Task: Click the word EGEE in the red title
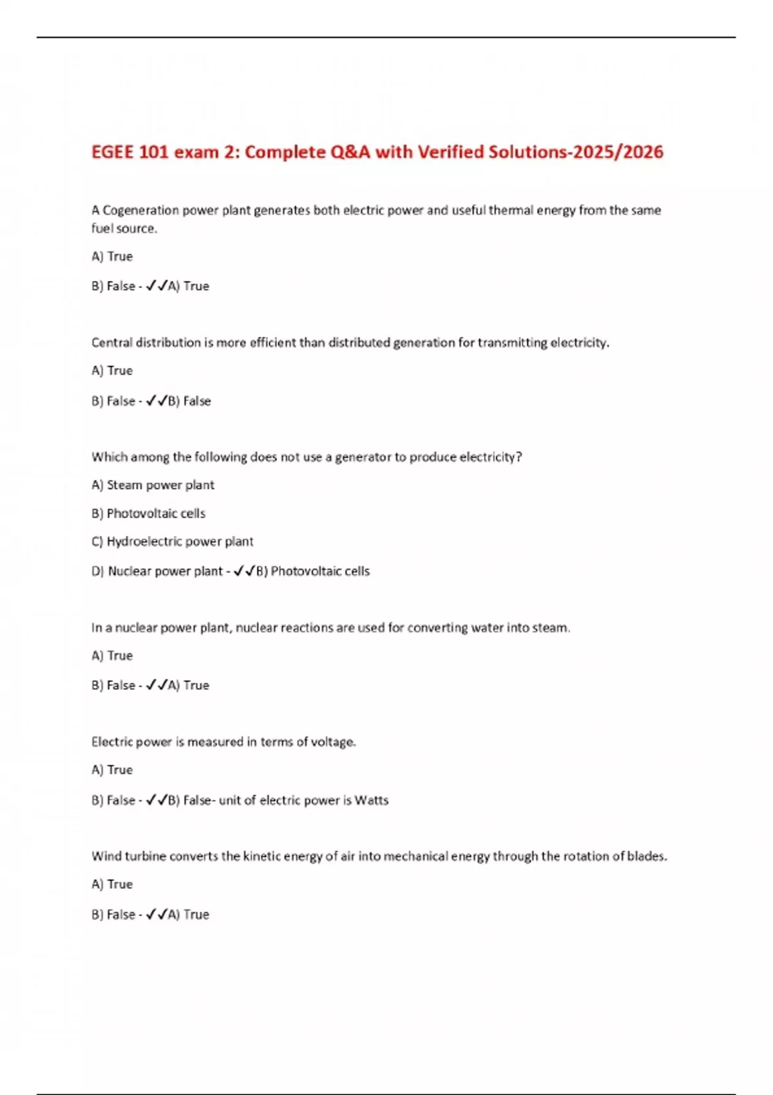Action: (112, 152)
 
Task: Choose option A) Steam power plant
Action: (153, 485)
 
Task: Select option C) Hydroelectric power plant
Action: (172, 542)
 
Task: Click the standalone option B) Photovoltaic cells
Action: (148, 513)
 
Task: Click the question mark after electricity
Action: (519, 457)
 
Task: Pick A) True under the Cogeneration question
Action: (112, 256)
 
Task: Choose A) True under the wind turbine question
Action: (112, 884)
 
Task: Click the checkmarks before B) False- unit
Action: (157, 800)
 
